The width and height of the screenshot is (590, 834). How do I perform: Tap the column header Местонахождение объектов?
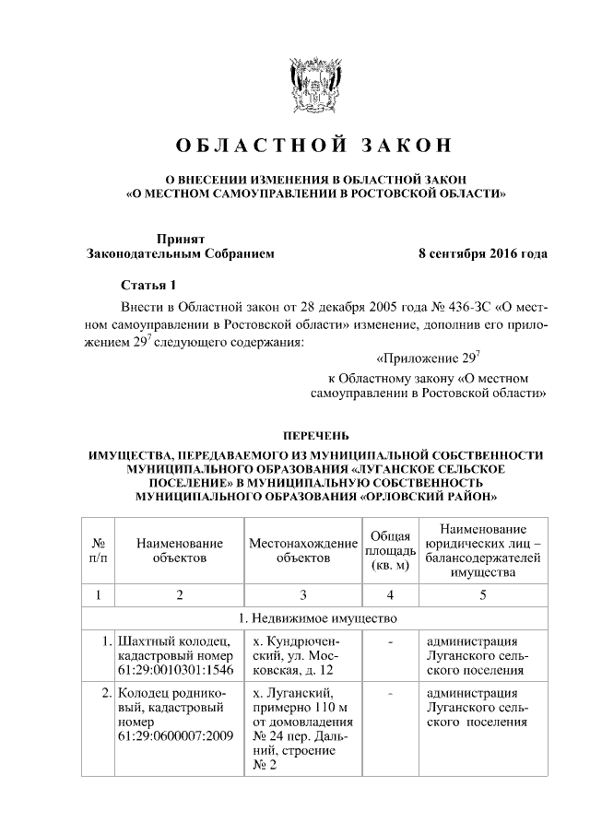(x=303, y=551)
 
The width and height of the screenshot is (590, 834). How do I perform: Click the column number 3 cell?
(x=303, y=594)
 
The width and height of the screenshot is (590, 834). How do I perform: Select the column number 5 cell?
(x=482, y=594)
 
